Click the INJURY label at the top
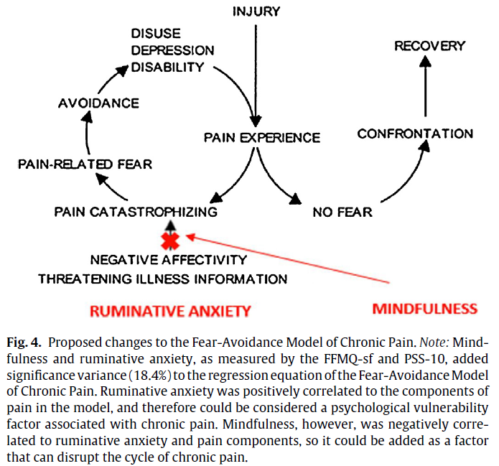[256, 11]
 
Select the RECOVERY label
[429, 46]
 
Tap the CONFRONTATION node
[415, 134]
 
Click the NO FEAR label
[342, 212]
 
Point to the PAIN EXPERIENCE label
[262, 137]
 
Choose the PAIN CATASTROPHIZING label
[136, 212]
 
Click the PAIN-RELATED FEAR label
[85, 164]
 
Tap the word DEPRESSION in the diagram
[172, 50]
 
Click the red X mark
[169, 241]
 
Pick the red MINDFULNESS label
[424, 309]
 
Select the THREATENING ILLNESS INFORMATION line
[163, 278]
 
